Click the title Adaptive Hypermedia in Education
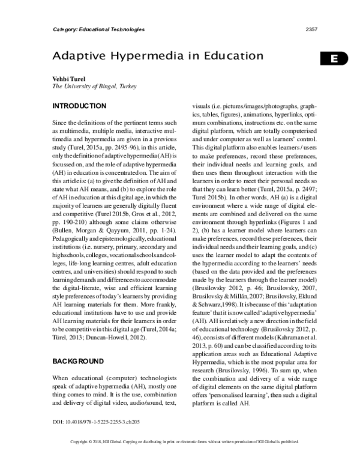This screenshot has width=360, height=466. click(158, 56)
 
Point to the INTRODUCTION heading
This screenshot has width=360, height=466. click(80, 106)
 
